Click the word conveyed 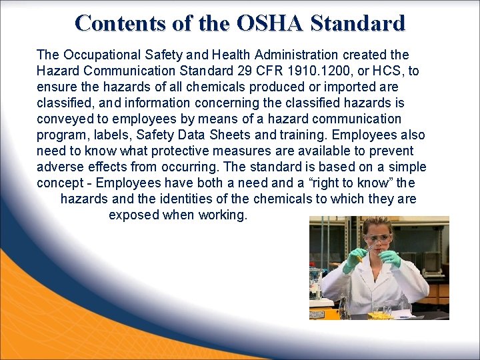click(x=67, y=119)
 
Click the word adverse click(x=61, y=167)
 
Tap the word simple click(x=403, y=167)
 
